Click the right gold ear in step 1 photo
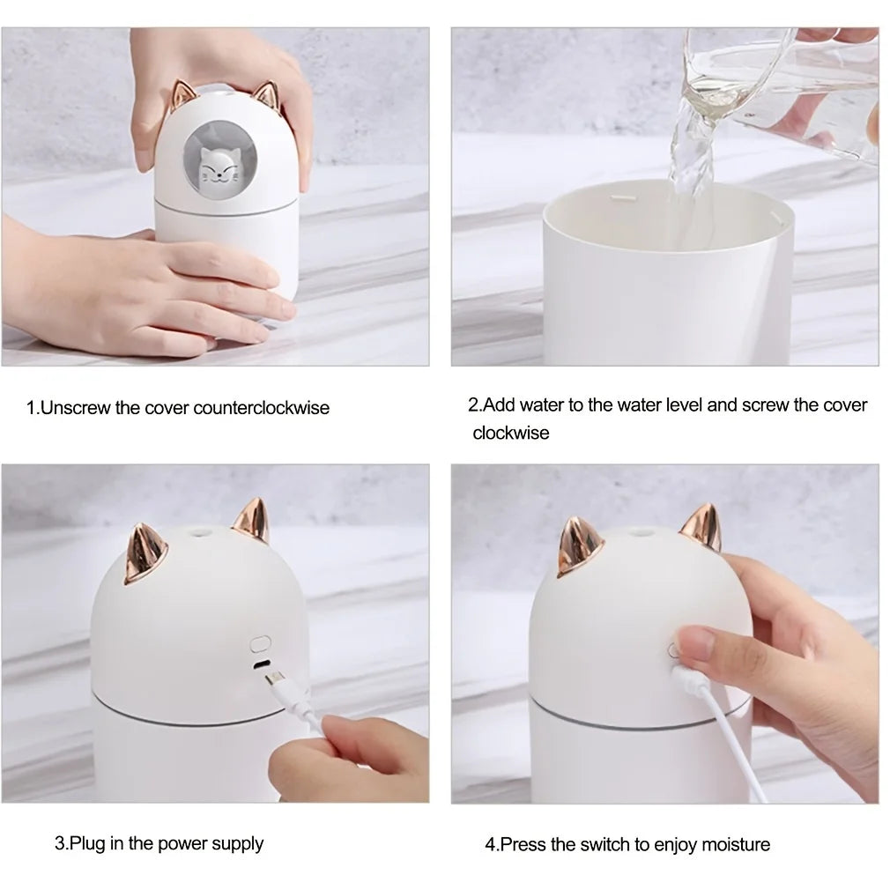pos(267,99)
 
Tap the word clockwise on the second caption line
pos(510,433)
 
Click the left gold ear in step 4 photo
pos(575,549)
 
